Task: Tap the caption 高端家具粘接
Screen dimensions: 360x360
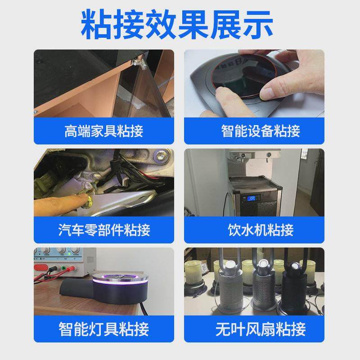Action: click(x=103, y=131)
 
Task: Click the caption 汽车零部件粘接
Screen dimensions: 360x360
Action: click(x=103, y=230)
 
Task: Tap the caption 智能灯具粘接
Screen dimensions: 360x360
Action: click(x=103, y=329)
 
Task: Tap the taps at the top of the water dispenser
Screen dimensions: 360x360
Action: click(x=252, y=156)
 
